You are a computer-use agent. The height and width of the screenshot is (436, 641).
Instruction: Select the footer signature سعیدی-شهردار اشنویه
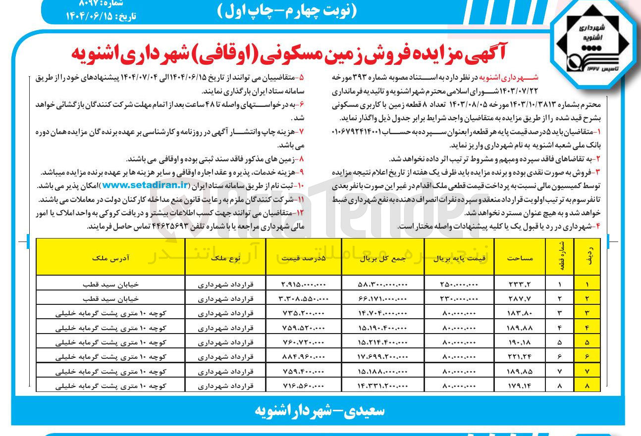coord(320,411)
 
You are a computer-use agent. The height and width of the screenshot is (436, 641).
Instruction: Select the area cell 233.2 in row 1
coord(520,285)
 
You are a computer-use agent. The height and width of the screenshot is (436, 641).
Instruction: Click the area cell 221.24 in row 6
coord(520,356)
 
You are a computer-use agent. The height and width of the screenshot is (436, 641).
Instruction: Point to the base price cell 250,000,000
coord(459,285)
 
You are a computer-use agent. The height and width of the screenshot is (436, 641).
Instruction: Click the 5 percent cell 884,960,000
coord(304,356)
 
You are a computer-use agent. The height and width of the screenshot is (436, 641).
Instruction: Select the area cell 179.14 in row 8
coord(520,385)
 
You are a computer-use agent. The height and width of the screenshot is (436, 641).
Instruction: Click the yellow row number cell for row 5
coord(587,342)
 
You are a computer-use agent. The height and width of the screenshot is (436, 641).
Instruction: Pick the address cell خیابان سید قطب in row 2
coord(111,299)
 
